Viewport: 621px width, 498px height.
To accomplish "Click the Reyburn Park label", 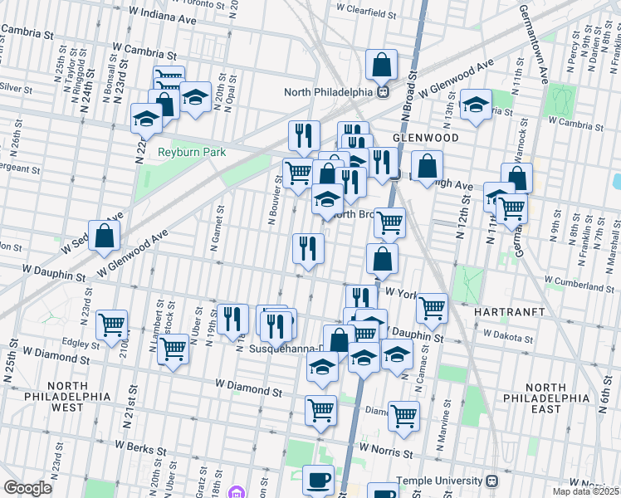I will pos(192,153).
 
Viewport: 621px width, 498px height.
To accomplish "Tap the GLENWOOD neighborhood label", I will pos(425,137).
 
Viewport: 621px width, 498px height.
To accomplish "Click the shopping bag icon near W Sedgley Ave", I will pos(105,236).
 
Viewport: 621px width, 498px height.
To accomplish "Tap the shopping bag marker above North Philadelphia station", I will pos(381,64).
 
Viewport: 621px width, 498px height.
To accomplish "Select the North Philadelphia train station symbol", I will pos(384,92).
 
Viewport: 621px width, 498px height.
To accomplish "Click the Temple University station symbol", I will pos(491,481).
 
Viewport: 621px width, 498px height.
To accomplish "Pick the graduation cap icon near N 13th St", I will pos(476,105).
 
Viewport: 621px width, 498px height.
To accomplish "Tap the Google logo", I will pos(27,488).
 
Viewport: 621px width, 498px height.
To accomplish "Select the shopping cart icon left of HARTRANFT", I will pos(432,308).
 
